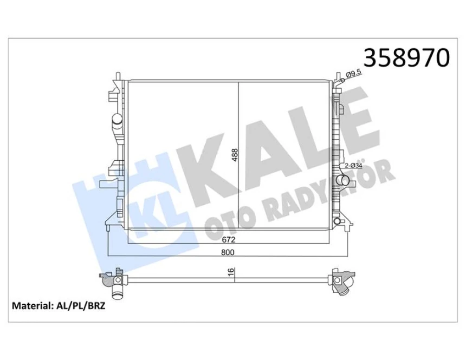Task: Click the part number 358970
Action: [x=406, y=57]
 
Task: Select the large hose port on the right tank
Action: [x=341, y=180]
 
